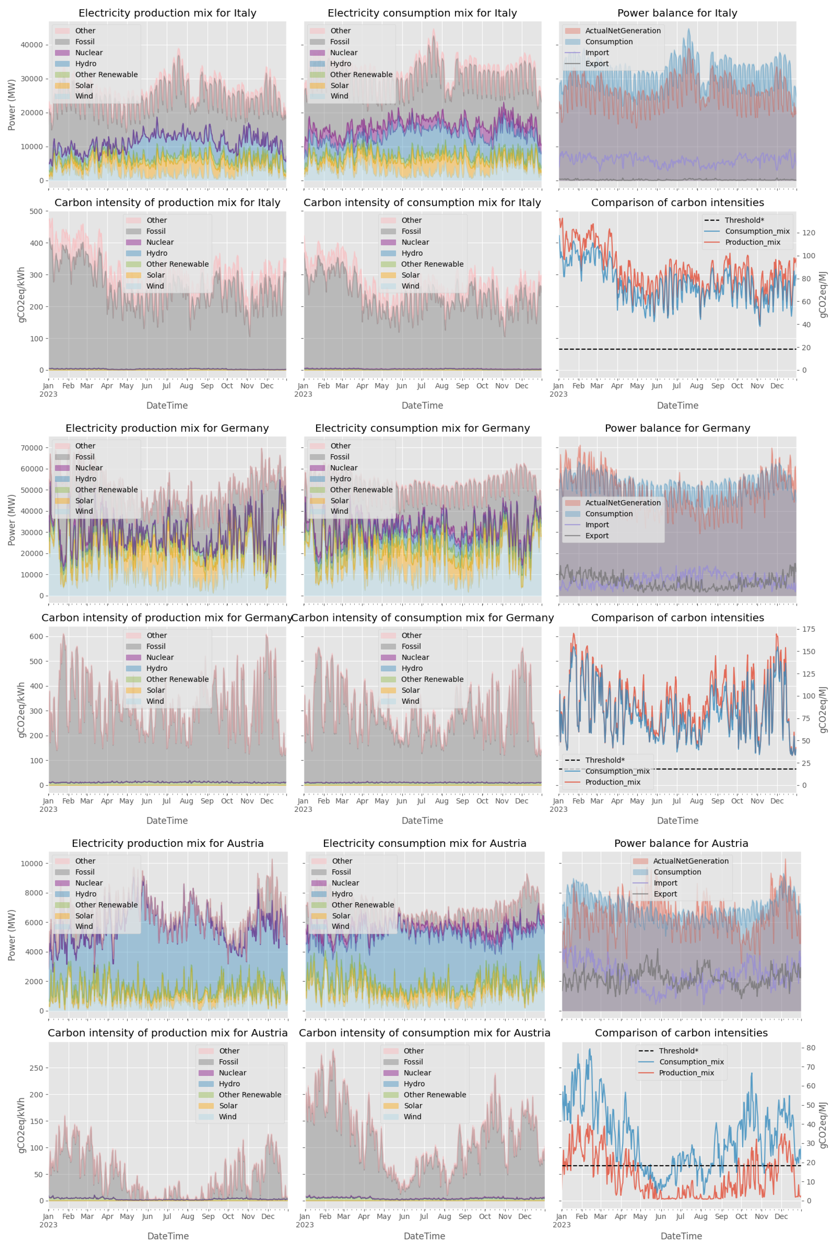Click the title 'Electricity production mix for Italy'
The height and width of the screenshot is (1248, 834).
(x=167, y=13)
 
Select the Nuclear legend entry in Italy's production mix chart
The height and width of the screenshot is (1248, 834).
(x=88, y=53)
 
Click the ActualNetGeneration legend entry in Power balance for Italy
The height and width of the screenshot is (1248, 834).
(x=622, y=31)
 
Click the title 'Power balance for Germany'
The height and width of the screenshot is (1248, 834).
(x=677, y=428)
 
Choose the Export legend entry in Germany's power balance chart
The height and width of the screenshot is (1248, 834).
(x=596, y=536)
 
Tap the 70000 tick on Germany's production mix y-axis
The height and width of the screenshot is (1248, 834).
(x=32, y=448)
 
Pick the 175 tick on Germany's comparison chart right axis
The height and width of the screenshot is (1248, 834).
(x=809, y=629)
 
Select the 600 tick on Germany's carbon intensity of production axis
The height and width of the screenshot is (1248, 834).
(x=36, y=637)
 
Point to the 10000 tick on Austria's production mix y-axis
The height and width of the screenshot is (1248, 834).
(x=32, y=864)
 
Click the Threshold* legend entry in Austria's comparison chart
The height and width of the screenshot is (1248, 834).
(x=678, y=1051)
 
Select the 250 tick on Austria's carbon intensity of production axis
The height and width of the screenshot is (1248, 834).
(x=36, y=1068)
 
